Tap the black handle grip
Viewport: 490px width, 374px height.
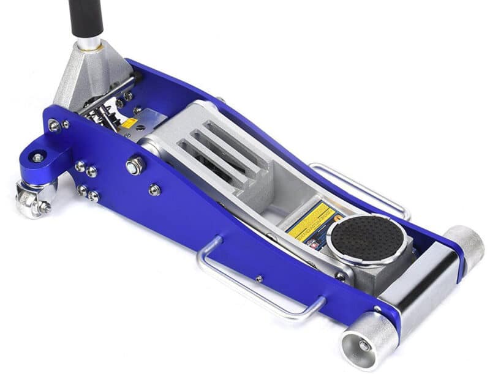(85, 17)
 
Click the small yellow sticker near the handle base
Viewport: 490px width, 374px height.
(129, 123)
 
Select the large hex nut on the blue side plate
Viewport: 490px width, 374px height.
(135, 165)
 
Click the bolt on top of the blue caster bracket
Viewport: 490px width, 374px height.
(38, 158)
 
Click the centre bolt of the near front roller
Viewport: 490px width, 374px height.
(364, 346)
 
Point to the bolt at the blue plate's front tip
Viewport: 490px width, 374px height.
(378, 309)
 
